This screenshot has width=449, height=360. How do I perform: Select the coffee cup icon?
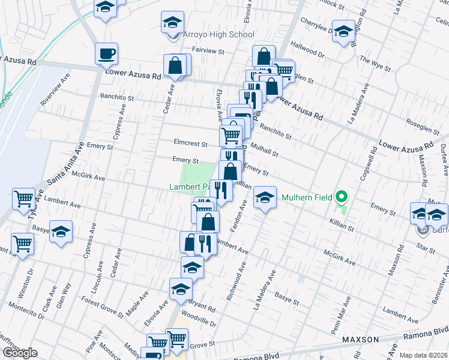[x=106, y=54]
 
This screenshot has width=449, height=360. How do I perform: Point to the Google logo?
[x=20, y=353]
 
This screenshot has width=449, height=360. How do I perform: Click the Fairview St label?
[x=208, y=52]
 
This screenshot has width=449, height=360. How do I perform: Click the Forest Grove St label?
[x=102, y=307]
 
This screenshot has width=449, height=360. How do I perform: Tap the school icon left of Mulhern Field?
[x=264, y=197]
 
